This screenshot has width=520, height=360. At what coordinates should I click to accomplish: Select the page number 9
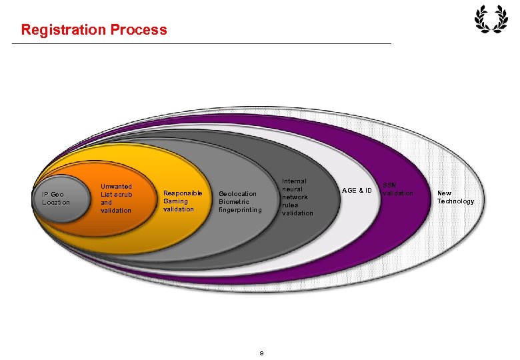[x=261, y=353]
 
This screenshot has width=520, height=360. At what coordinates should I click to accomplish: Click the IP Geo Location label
[x=56, y=198]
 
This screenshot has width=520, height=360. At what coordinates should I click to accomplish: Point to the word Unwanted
[x=116, y=187]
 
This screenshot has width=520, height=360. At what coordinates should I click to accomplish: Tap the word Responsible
[x=183, y=193]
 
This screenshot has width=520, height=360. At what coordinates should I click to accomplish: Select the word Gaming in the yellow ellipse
[x=175, y=201]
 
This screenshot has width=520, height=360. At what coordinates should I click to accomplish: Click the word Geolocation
[x=237, y=194]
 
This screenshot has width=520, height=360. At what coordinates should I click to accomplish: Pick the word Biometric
[x=233, y=202]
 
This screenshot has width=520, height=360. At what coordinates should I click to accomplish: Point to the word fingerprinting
[x=240, y=210]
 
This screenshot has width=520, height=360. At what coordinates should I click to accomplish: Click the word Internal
[x=294, y=181]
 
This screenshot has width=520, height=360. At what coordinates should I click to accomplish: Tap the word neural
[x=292, y=189]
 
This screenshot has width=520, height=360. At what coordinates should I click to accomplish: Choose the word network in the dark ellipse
[x=295, y=197]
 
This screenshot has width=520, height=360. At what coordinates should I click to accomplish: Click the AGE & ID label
[x=357, y=191]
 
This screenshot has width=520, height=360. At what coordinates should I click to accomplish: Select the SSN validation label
[x=397, y=189]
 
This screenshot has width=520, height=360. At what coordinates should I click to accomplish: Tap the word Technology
[x=455, y=201]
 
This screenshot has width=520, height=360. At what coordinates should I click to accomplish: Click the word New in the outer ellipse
[x=444, y=193]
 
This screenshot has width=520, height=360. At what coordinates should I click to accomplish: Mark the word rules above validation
[x=290, y=205]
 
